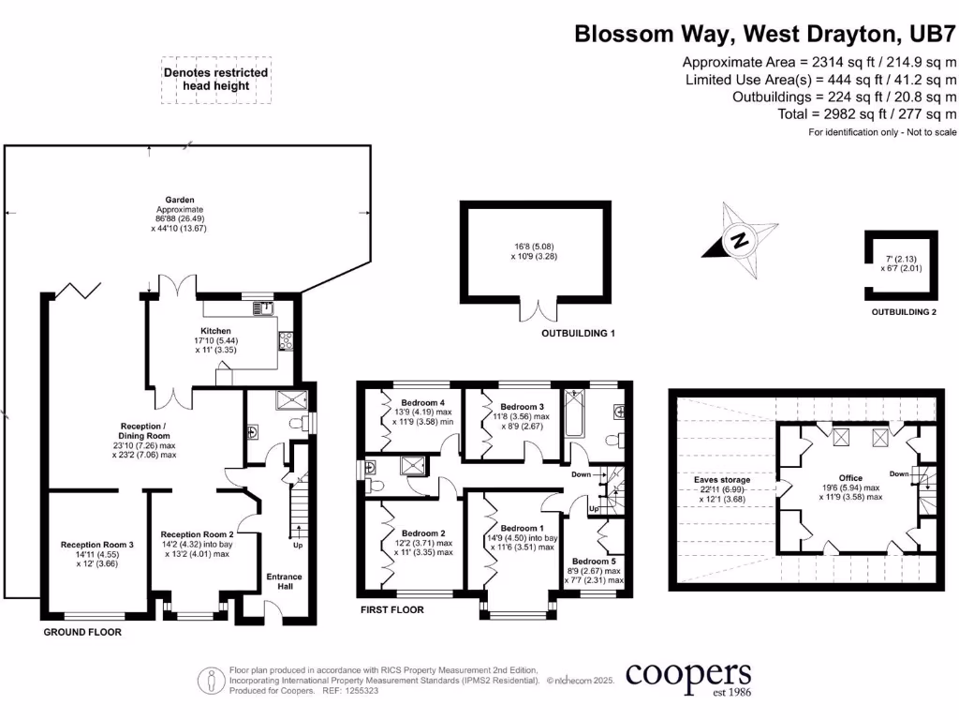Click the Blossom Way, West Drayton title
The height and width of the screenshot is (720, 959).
765,35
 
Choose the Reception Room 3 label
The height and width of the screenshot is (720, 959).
97,544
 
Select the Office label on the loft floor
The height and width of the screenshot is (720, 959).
850,478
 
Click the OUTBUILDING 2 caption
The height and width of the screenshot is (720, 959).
903,312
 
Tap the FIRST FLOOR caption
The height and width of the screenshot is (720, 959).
391,609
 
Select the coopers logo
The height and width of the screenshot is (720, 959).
687,677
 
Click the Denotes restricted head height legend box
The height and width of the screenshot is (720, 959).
215,79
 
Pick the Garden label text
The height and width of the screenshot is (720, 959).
179,201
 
